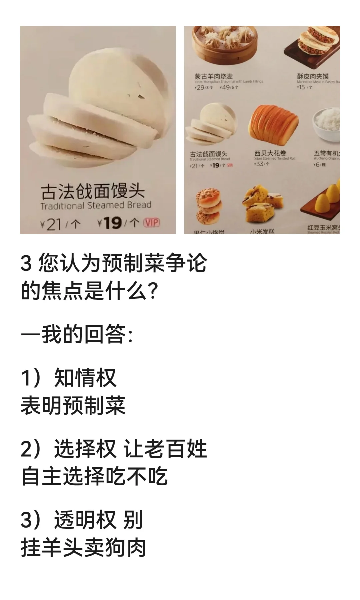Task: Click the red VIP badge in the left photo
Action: point(151,223)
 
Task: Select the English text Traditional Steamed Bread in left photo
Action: point(96,205)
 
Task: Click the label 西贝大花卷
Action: point(270,153)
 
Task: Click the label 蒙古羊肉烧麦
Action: point(214,76)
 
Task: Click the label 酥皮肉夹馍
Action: point(313,76)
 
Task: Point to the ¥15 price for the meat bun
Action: point(301,87)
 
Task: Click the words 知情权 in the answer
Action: point(85,378)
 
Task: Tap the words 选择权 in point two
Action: point(85,449)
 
